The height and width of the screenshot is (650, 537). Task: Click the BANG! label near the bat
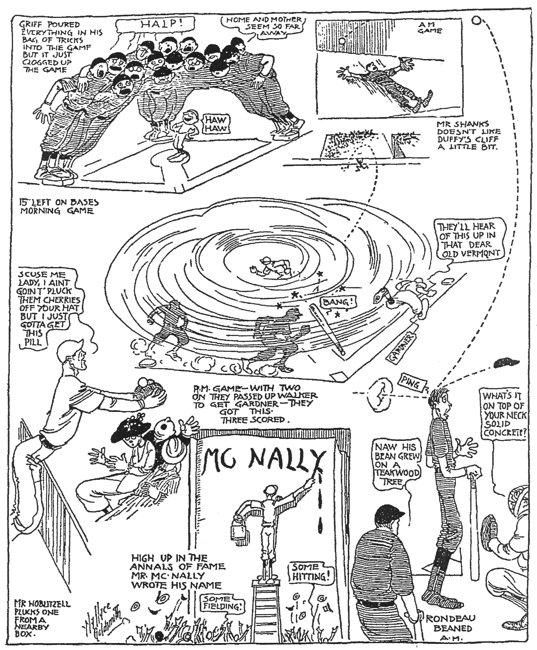point(338,302)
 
